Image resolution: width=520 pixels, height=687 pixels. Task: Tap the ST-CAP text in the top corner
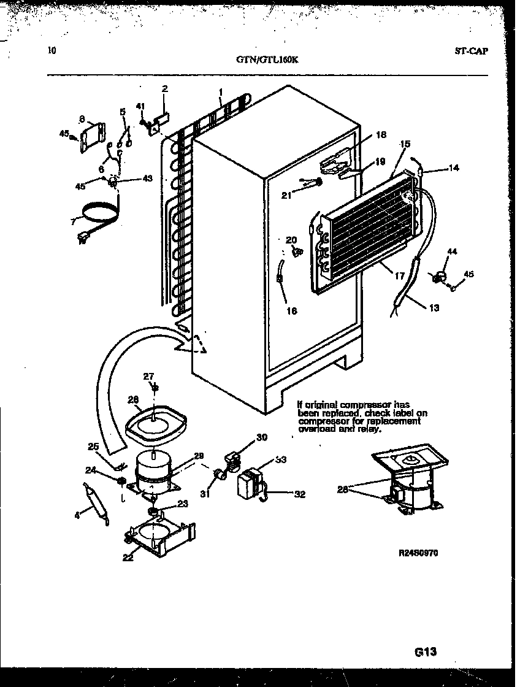pos(471,52)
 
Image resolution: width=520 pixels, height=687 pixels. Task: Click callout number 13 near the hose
pos(434,308)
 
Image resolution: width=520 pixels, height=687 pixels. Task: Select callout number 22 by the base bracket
pos(127,557)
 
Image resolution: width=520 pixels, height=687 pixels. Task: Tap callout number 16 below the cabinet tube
pos(291,311)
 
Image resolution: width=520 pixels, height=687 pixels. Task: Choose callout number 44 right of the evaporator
pos(452,251)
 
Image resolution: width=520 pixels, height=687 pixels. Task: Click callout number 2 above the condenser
pos(164,88)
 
